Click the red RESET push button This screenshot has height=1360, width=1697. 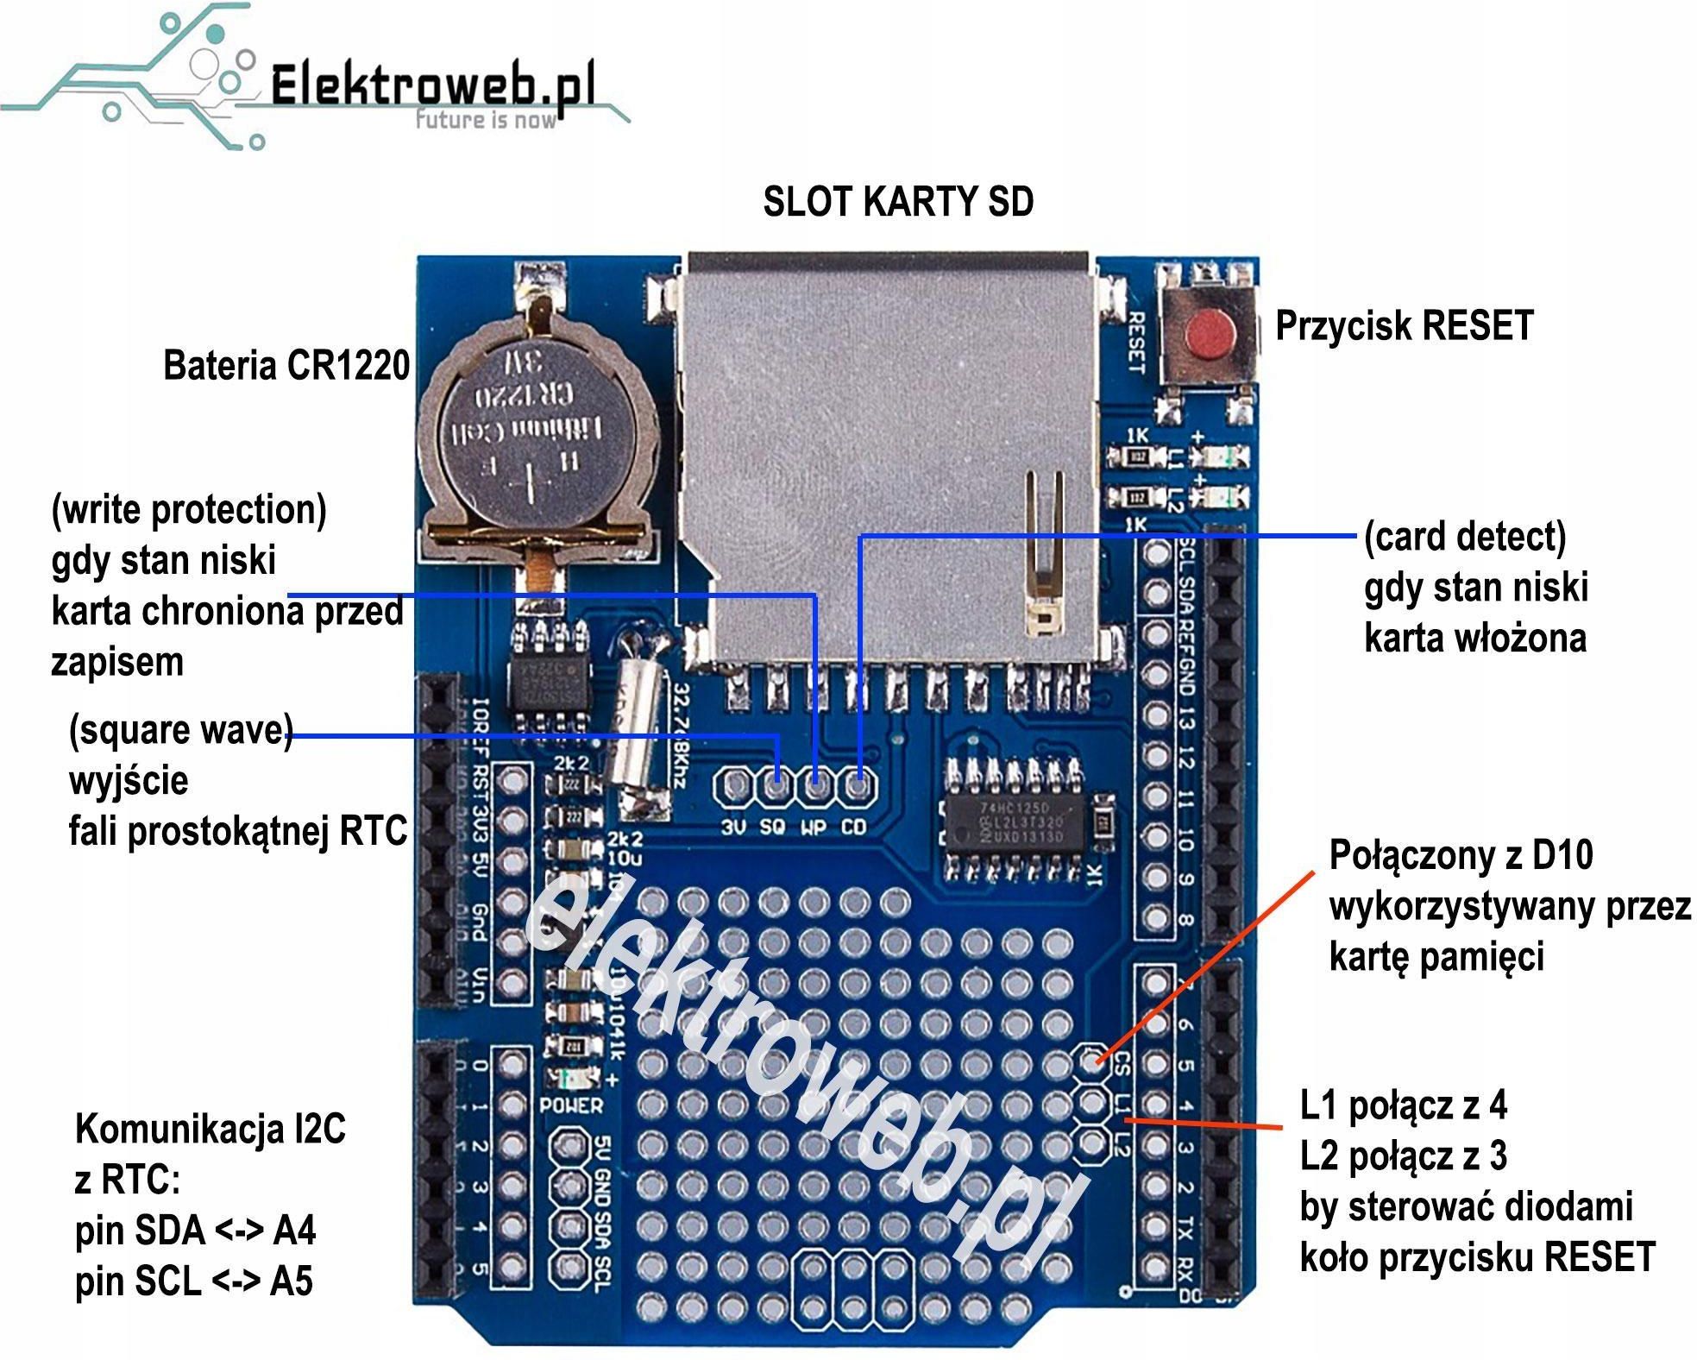pos(1208,335)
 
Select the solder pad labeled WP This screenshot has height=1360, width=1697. pos(815,785)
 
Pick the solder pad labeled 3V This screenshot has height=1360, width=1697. pos(735,785)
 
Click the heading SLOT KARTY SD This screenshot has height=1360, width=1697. pos(897,202)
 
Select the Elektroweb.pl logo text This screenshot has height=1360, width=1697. pos(431,86)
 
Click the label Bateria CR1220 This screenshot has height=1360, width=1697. pos(286,365)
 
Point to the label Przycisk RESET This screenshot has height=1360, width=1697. pos(1404,326)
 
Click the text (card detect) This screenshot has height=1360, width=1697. pos(1464,537)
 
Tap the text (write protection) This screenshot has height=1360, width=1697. pos(189,510)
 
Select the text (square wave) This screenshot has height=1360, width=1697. pos(180,731)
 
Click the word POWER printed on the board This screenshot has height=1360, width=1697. pos(571,1105)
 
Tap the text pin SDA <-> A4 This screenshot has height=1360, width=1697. pos(195,1231)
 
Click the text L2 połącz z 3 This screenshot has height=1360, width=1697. pos(1403,1155)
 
